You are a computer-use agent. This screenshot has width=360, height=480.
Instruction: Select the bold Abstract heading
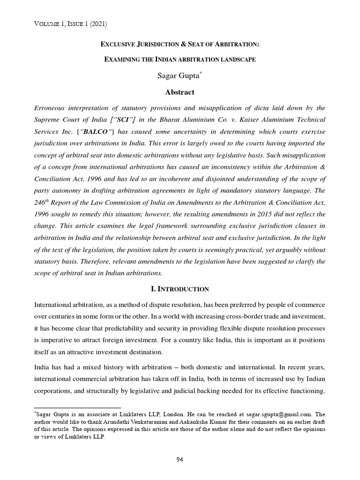(180, 92)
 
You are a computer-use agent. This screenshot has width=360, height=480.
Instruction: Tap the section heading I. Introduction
(180, 289)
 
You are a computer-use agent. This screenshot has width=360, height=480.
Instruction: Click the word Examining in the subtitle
(123, 61)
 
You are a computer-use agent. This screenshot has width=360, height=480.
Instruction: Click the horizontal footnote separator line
(78, 408)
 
